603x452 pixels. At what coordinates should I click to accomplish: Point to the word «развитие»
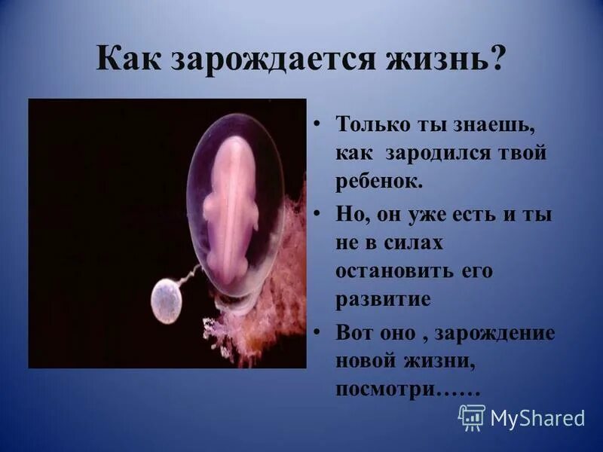pyautogui.click(x=384, y=299)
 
